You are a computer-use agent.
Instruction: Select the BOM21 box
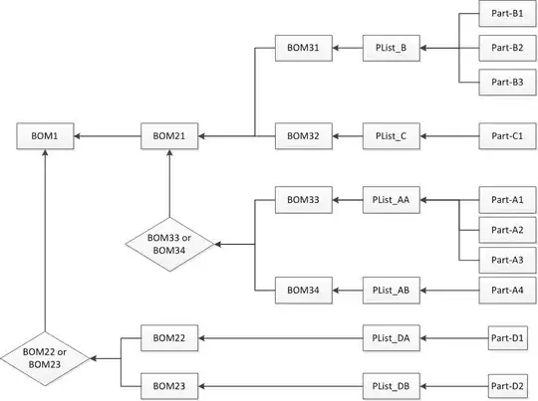pos(169,135)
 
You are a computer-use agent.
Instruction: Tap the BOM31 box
pos(302,47)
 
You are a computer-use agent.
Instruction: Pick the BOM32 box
pos(302,135)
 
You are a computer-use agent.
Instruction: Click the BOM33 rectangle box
pos(302,200)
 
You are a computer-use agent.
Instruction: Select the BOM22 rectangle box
pos(169,339)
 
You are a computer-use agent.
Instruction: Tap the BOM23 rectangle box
pos(169,383)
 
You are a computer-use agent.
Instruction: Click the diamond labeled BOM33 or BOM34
pos(169,244)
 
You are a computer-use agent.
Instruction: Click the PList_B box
pos(392,47)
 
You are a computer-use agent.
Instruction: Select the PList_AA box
pos(392,200)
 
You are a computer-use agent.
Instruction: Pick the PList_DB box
pos(392,383)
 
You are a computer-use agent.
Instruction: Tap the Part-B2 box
pos(501,47)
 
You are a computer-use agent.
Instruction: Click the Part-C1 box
pos(501,135)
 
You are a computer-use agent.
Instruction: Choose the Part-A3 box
pos(501,260)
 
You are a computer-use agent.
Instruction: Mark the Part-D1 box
pos(508,339)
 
